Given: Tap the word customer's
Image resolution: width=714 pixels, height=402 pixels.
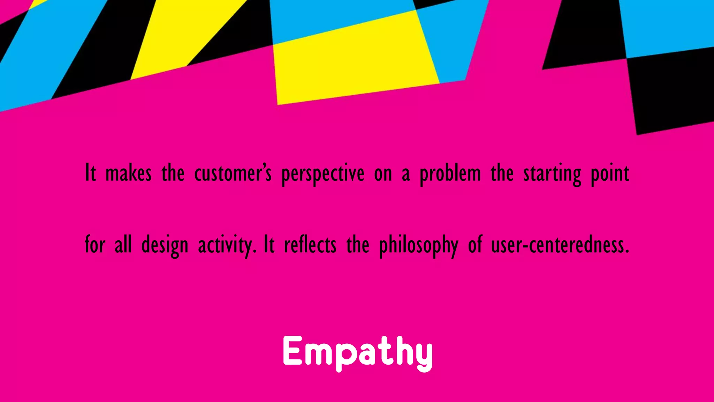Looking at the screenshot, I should (233, 173).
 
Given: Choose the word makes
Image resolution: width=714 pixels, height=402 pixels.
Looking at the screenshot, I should (128, 173).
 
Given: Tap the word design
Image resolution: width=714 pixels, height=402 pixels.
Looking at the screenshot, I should (165, 245).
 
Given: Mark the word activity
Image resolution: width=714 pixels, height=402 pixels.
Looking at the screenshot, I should (227, 245).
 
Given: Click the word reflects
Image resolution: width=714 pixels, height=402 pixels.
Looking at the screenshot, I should (310, 245).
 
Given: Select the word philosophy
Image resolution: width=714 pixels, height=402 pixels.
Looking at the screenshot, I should (419, 245).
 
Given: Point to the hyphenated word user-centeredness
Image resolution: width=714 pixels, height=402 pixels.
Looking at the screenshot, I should (560, 245).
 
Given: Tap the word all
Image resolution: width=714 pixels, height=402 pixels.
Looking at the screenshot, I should (123, 245).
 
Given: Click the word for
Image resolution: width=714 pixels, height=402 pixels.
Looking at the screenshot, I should (95, 245).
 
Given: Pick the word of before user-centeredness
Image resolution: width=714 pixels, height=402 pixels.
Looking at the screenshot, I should (475, 245).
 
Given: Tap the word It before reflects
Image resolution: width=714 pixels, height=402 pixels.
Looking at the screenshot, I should (269, 245).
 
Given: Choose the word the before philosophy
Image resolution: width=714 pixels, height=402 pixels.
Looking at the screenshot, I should (358, 245).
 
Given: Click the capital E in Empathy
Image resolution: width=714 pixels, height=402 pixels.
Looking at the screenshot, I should (292, 351).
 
